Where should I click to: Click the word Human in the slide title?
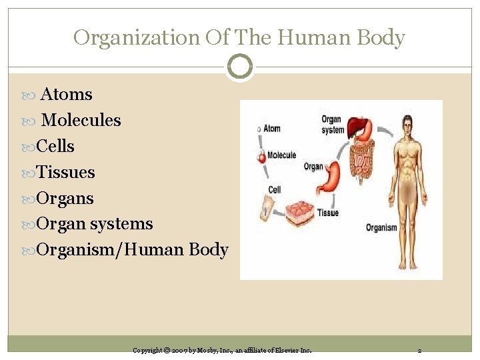tap(310, 38)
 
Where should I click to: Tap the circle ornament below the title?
tap(239, 67)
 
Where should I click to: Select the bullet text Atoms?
tap(67, 95)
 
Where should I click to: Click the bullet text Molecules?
tap(81, 121)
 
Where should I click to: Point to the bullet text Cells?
tap(55, 147)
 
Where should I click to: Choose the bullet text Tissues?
tap(65, 173)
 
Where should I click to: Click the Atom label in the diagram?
tap(272, 129)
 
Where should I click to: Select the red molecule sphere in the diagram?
tap(261, 157)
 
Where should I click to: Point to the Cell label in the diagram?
tap(275, 190)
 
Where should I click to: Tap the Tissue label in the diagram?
tap(328, 213)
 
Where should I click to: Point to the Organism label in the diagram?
tap(381, 228)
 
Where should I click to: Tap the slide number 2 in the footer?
tap(419, 350)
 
